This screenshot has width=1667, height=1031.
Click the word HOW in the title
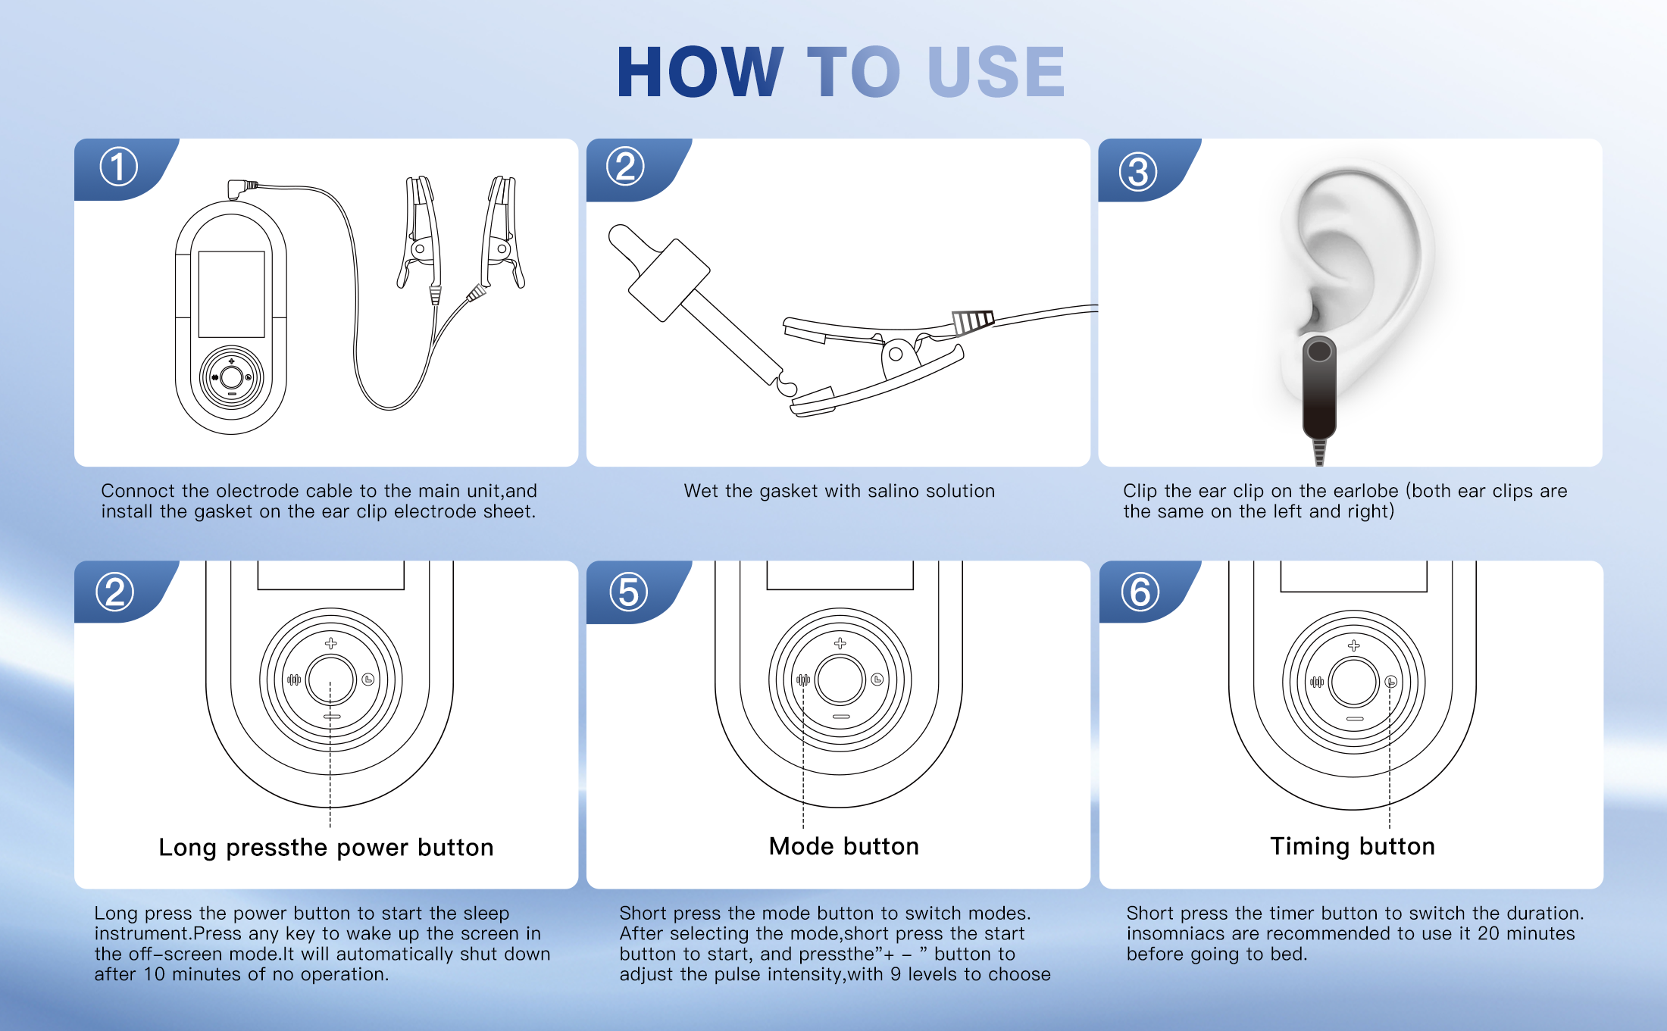tap(700, 72)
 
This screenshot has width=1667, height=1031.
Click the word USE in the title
tap(996, 72)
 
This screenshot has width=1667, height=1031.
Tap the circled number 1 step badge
tap(119, 167)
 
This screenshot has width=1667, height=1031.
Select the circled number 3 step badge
tap(1138, 171)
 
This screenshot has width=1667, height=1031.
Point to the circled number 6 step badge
tap(1140, 592)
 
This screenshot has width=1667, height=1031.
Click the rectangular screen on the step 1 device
tap(231, 294)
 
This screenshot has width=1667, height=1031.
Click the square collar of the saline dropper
tap(669, 280)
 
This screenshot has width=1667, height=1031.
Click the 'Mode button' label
tap(844, 846)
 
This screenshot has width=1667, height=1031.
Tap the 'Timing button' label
tap(1353, 846)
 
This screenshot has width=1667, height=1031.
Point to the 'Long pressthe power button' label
tap(326, 848)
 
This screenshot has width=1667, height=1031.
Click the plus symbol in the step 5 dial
tap(840, 643)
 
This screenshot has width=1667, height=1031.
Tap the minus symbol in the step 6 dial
tap(1355, 719)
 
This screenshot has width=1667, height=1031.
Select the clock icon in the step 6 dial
tap(1391, 682)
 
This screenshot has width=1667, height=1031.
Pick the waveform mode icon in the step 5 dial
tap(803, 680)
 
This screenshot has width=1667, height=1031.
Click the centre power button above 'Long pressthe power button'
tap(330, 680)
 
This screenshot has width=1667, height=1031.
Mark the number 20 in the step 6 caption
tap(1489, 933)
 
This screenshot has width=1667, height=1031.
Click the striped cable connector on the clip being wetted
tap(973, 321)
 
